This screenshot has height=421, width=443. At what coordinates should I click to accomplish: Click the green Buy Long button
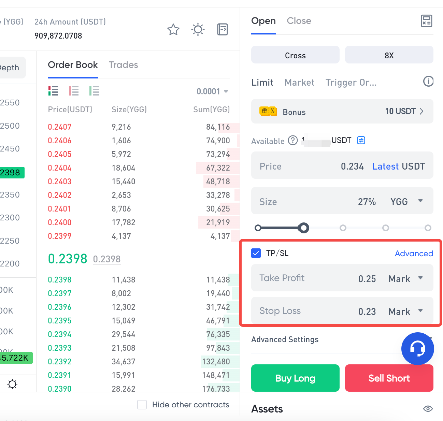295,378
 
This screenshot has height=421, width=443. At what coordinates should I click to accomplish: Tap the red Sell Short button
389,378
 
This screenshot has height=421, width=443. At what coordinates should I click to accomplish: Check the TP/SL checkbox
256,253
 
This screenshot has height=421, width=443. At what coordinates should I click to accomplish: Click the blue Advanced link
414,253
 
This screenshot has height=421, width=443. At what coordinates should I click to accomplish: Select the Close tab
299,21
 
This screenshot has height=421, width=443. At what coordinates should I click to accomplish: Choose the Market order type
299,83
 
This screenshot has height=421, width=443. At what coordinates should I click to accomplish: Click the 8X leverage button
389,55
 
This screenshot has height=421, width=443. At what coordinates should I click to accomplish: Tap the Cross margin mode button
295,55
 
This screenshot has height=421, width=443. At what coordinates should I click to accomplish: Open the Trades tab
123,65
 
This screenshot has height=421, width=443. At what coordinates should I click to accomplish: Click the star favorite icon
173,30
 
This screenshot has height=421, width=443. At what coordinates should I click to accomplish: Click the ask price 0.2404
60,168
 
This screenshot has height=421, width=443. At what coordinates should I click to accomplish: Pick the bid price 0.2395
60,321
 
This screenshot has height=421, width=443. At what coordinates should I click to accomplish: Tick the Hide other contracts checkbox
142,405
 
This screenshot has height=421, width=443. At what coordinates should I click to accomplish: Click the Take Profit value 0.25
367,279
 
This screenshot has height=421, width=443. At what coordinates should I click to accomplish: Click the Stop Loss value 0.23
367,311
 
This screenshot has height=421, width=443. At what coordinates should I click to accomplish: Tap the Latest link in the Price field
385,166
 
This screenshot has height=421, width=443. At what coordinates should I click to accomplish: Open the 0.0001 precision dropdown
212,91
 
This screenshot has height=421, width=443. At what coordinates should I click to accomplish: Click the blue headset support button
417,348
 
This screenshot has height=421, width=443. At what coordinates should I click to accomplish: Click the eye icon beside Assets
428,409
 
